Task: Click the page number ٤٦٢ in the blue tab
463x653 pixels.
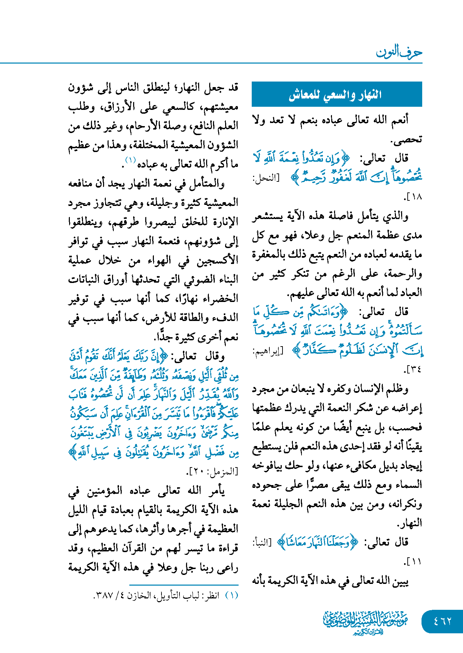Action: tap(442, 621)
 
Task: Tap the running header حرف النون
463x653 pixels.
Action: tap(399, 52)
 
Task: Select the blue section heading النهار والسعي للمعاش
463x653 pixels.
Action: tap(337, 94)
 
